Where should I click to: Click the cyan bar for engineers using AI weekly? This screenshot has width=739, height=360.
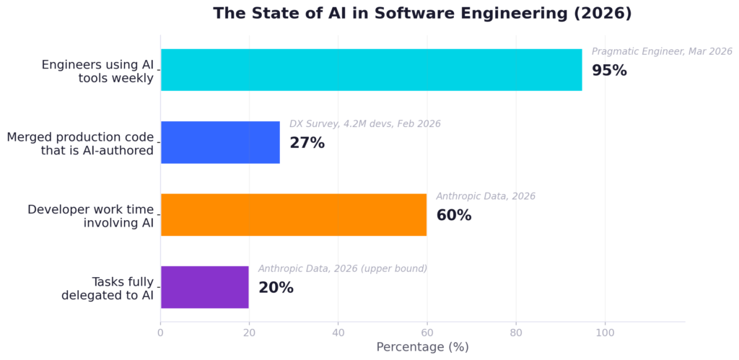click(x=371, y=70)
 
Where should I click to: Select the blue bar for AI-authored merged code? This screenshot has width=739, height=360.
click(x=220, y=142)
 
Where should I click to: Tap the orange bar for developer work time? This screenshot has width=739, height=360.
click(x=293, y=214)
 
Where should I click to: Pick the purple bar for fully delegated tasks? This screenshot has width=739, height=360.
click(x=204, y=286)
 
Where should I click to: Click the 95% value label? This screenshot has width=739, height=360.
click(x=609, y=71)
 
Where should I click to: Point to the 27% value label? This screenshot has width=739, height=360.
click(x=307, y=143)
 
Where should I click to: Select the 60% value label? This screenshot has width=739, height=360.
click(x=453, y=215)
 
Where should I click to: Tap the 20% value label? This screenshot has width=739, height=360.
click(x=276, y=287)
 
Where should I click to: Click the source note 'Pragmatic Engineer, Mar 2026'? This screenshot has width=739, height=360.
click(x=662, y=51)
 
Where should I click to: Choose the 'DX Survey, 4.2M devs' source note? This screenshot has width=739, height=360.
click(x=364, y=124)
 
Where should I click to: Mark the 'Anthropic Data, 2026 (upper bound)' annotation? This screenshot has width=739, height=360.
click(x=342, y=268)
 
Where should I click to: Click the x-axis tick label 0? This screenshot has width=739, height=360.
click(x=160, y=333)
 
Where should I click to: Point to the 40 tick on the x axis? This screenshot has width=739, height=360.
click(x=338, y=333)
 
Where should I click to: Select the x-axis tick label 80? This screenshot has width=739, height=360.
click(x=515, y=333)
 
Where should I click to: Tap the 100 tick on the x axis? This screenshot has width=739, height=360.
click(x=605, y=333)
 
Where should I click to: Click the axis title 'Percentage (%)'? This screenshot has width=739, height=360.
click(x=422, y=347)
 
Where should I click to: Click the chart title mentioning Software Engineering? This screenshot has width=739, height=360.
click(x=422, y=13)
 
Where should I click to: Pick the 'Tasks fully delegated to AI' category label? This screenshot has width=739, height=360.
click(x=108, y=288)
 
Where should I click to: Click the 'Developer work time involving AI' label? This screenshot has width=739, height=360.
click(x=91, y=216)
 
